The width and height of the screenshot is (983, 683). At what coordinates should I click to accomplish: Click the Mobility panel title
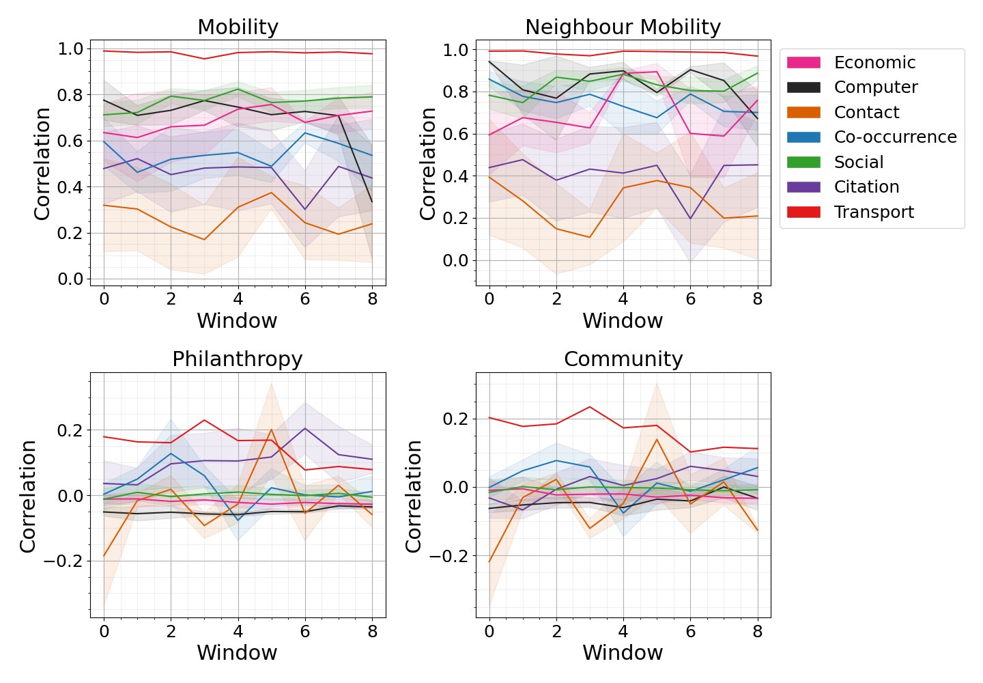(238, 27)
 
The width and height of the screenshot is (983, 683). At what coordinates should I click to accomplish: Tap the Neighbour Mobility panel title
(623, 27)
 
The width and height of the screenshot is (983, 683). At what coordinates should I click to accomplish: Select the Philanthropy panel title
(237, 359)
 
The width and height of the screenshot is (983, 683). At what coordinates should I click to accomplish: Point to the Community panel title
(623, 359)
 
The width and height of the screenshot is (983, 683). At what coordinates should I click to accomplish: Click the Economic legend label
(874, 63)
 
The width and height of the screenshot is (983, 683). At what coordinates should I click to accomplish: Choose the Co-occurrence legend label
(895, 137)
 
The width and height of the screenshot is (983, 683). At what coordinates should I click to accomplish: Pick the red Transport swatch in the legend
(803, 212)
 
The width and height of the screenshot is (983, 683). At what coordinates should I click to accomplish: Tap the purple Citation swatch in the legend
(803, 187)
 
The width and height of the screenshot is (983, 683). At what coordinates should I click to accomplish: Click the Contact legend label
(866, 113)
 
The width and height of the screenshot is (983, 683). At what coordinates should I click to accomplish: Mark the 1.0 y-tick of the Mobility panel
(71, 49)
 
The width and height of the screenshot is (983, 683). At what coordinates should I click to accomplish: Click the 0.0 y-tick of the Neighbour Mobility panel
(456, 261)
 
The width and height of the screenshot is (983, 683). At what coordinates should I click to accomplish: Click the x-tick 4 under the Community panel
(623, 632)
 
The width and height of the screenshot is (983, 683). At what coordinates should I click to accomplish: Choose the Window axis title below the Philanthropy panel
(237, 653)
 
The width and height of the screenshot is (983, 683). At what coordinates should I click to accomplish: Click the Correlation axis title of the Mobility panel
(42, 164)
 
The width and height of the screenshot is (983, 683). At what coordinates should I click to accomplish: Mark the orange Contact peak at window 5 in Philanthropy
(271, 430)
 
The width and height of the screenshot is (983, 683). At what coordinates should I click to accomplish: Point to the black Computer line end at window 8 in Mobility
(372, 201)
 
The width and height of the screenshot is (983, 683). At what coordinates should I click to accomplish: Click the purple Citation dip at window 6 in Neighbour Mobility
(690, 219)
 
